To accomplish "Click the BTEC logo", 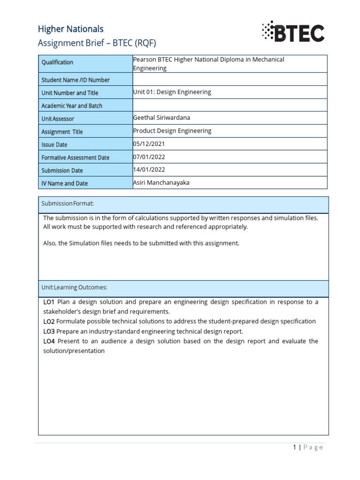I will [x=293, y=32].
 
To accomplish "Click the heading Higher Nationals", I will [x=71, y=29].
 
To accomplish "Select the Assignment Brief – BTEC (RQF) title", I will [x=97, y=43].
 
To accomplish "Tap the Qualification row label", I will [x=58, y=62].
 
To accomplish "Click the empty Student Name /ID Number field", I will [x=230, y=79].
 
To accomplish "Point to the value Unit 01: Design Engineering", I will [x=172, y=92].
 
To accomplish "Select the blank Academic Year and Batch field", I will [x=230, y=105].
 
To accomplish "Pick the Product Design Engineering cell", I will [x=172, y=131].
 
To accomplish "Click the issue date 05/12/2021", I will [x=149, y=144].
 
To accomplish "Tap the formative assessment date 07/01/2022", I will [x=149, y=157].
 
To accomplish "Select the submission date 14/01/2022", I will [x=149, y=169].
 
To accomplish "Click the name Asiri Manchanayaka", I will [x=161, y=182].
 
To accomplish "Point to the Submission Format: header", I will [x=67, y=203].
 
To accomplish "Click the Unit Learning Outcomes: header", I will [x=75, y=287].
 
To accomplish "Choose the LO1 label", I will [x=49, y=302].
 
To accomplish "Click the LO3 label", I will [x=49, y=331].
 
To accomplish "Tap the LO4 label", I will [x=49, y=341].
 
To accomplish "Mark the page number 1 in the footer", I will [x=294, y=447].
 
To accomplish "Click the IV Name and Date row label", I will [x=65, y=183].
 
